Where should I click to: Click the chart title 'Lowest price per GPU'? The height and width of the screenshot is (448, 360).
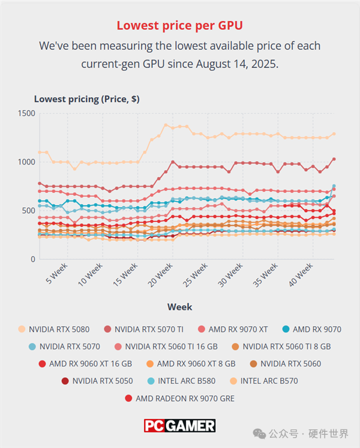(x=179, y=25)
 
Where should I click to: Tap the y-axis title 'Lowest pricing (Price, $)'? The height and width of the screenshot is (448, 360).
(x=87, y=99)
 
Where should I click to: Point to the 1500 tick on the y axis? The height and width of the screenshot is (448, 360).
(x=26, y=113)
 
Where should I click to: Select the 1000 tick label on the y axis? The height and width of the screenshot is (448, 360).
(x=26, y=162)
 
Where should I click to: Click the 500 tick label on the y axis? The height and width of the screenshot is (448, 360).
(x=29, y=211)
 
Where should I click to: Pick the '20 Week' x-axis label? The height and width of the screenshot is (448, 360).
(x=160, y=275)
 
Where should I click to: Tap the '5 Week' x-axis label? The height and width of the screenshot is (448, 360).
(x=57, y=273)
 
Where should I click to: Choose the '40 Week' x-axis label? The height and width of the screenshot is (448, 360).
(x=301, y=275)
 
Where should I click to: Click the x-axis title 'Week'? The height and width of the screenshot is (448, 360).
(x=180, y=307)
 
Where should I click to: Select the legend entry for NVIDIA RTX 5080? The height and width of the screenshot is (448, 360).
(x=53, y=329)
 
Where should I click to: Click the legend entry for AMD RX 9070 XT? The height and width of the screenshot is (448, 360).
(x=233, y=329)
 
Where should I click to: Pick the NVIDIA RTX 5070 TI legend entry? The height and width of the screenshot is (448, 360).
(x=143, y=329)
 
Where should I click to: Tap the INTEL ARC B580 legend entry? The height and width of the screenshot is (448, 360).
(x=181, y=381)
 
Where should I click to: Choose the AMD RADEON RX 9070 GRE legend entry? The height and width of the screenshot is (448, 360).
(x=180, y=398)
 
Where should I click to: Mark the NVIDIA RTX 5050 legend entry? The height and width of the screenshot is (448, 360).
(x=97, y=381)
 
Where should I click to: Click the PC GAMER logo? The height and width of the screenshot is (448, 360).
(x=180, y=426)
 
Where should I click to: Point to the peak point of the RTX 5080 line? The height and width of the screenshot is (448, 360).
(x=166, y=125)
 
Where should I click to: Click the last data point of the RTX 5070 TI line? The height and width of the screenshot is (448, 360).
(x=334, y=159)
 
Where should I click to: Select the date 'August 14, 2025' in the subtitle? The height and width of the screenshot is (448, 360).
(x=237, y=64)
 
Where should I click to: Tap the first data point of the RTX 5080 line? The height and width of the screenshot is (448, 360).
(x=40, y=153)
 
